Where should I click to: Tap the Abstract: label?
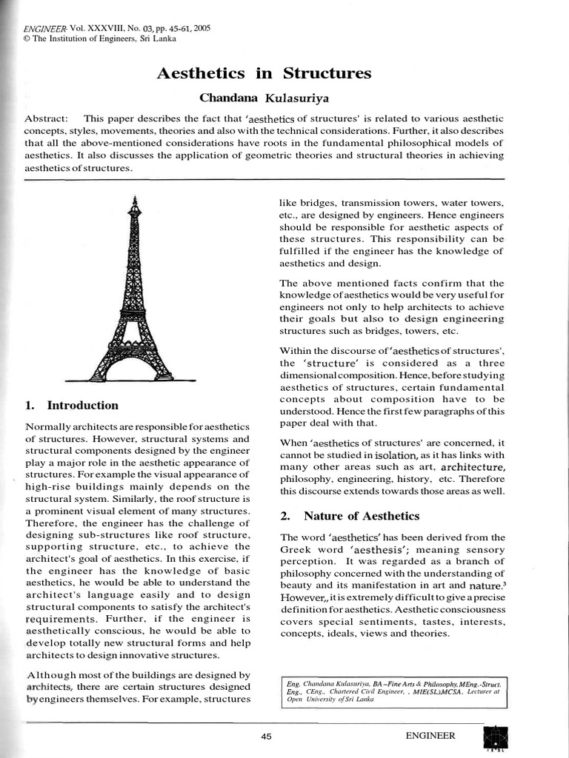[x=47, y=118]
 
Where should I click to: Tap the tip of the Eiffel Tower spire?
[x=134, y=198]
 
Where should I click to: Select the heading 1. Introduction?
[x=72, y=405]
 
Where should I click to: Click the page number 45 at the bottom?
[x=267, y=736]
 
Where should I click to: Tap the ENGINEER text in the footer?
[x=430, y=736]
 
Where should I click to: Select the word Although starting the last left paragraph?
[x=56, y=675]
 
